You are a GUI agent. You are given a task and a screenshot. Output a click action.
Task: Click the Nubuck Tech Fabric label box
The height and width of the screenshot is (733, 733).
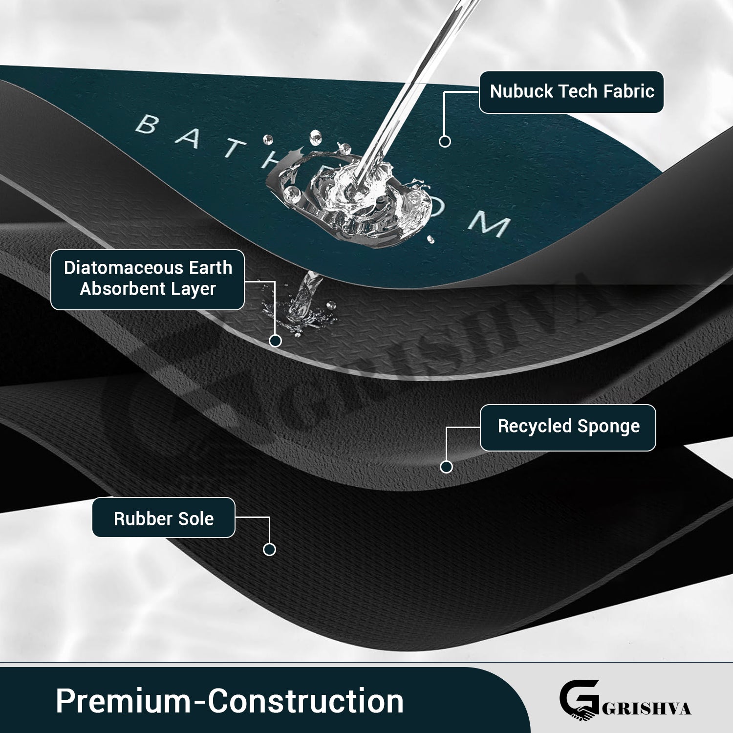(x=571, y=92)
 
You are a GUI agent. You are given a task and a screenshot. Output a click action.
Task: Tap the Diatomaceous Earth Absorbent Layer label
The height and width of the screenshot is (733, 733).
(x=148, y=279)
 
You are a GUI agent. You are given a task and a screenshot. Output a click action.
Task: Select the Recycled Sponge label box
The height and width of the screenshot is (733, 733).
(x=568, y=427)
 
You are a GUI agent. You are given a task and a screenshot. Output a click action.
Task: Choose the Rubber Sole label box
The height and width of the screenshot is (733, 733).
(x=164, y=518)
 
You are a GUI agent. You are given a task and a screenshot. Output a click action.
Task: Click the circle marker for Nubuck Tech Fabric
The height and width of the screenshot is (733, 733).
(x=445, y=141)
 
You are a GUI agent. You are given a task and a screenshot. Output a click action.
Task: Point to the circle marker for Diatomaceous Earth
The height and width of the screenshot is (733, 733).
(x=275, y=341)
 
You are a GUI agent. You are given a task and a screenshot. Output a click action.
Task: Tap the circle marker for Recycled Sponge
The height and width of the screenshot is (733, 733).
(x=446, y=467)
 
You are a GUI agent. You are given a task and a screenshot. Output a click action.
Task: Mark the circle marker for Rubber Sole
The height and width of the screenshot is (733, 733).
(x=269, y=549)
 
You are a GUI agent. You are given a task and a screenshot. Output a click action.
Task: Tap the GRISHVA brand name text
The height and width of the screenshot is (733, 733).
(x=646, y=709)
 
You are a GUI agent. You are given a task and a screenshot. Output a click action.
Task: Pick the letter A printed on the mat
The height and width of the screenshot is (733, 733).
(x=188, y=139)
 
